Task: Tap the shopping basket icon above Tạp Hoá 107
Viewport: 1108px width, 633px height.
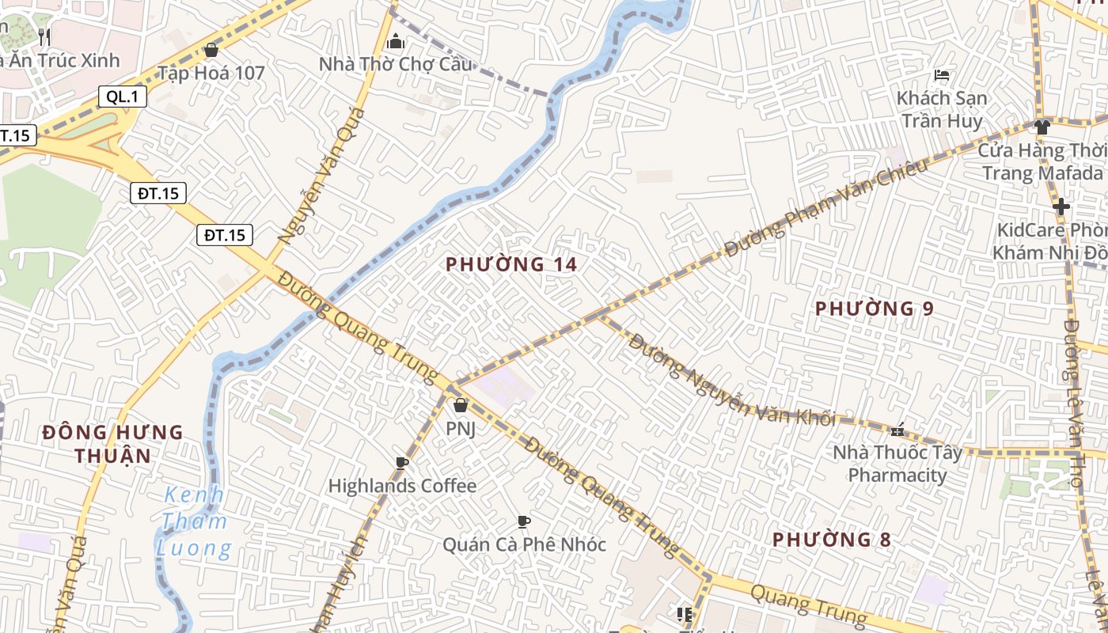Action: pos(211,50)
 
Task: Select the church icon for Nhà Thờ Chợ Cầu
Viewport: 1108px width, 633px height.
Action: pos(396,41)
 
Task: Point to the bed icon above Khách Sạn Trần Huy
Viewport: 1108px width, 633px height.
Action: pos(942,76)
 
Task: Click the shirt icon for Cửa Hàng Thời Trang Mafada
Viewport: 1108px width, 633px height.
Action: pos(1042,127)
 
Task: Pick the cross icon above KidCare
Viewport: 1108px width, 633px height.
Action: pos(1061,207)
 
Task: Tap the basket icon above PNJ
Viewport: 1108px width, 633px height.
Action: pos(461,405)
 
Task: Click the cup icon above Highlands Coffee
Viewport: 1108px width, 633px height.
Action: pos(402,463)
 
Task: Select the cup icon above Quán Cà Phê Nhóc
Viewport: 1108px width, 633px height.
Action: pos(523,521)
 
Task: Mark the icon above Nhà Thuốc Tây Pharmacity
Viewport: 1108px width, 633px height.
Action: pos(897,430)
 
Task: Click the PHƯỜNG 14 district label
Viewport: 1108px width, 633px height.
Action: pos(511,264)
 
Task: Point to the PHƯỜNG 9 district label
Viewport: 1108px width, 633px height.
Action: pos(875,309)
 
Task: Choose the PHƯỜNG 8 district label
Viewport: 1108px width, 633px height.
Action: pos(832,540)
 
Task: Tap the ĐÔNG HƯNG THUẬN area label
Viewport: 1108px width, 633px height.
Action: pos(112,444)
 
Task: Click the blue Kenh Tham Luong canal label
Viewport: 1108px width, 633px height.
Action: pos(194,521)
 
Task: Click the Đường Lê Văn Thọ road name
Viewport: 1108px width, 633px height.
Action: pos(1072,404)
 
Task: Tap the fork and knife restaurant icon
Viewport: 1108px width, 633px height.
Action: pos(44,36)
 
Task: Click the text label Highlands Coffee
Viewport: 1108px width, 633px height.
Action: pos(402,486)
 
